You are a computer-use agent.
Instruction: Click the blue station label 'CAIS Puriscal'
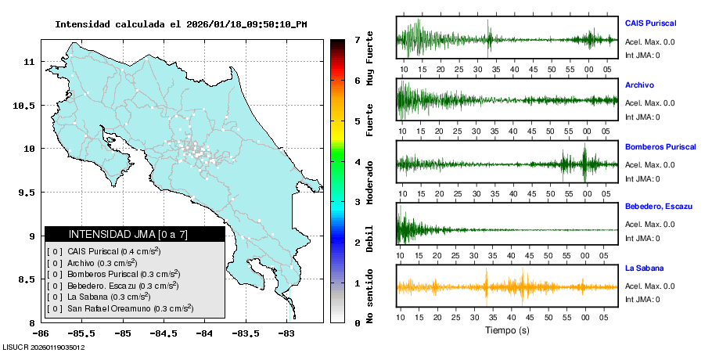pyautogui.click(x=650, y=23)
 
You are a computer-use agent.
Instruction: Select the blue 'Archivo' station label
pyautogui.click(x=639, y=85)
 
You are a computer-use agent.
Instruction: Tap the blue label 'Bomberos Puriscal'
pyautogui.click(x=659, y=146)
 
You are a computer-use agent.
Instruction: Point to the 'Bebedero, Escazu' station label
pyautogui.click(x=659, y=207)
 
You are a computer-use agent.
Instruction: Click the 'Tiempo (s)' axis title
pyautogui.click(x=507, y=330)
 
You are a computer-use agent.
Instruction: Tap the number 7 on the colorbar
pyautogui.click(x=357, y=39)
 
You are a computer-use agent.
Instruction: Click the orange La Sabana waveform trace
pyautogui.click(x=507, y=286)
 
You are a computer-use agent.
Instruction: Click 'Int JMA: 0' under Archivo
pyautogui.click(x=642, y=117)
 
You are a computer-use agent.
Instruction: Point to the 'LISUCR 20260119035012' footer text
pyautogui.click(x=45, y=347)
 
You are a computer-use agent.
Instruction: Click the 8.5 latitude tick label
pyautogui.click(x=27, y=279)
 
